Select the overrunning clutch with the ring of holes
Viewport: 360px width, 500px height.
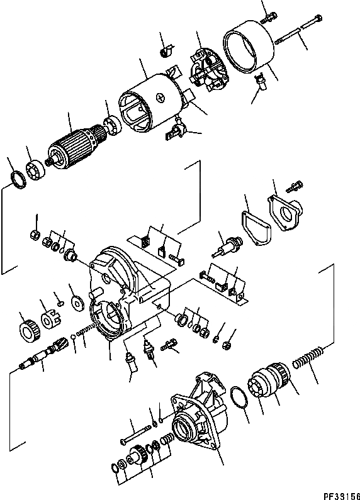tap(269, 384)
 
